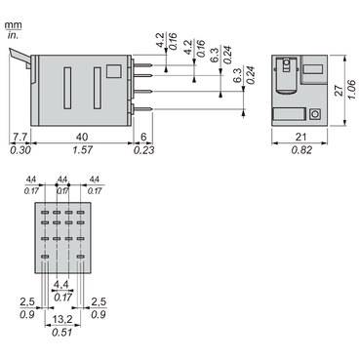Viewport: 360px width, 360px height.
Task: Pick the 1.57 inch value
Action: [84, 151]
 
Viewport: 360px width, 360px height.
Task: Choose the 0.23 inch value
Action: [145, 151]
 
